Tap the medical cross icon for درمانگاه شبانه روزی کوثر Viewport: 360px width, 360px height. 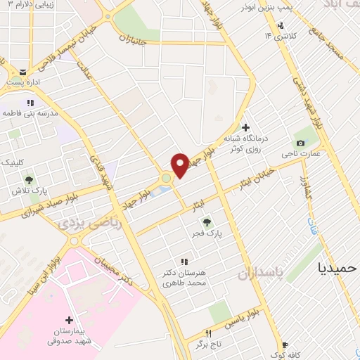245,128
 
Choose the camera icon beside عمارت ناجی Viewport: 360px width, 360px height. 301,144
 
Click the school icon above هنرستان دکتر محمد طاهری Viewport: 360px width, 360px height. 184,262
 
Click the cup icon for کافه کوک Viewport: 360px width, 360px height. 285,345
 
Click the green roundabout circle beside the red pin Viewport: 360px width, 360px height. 166,179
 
